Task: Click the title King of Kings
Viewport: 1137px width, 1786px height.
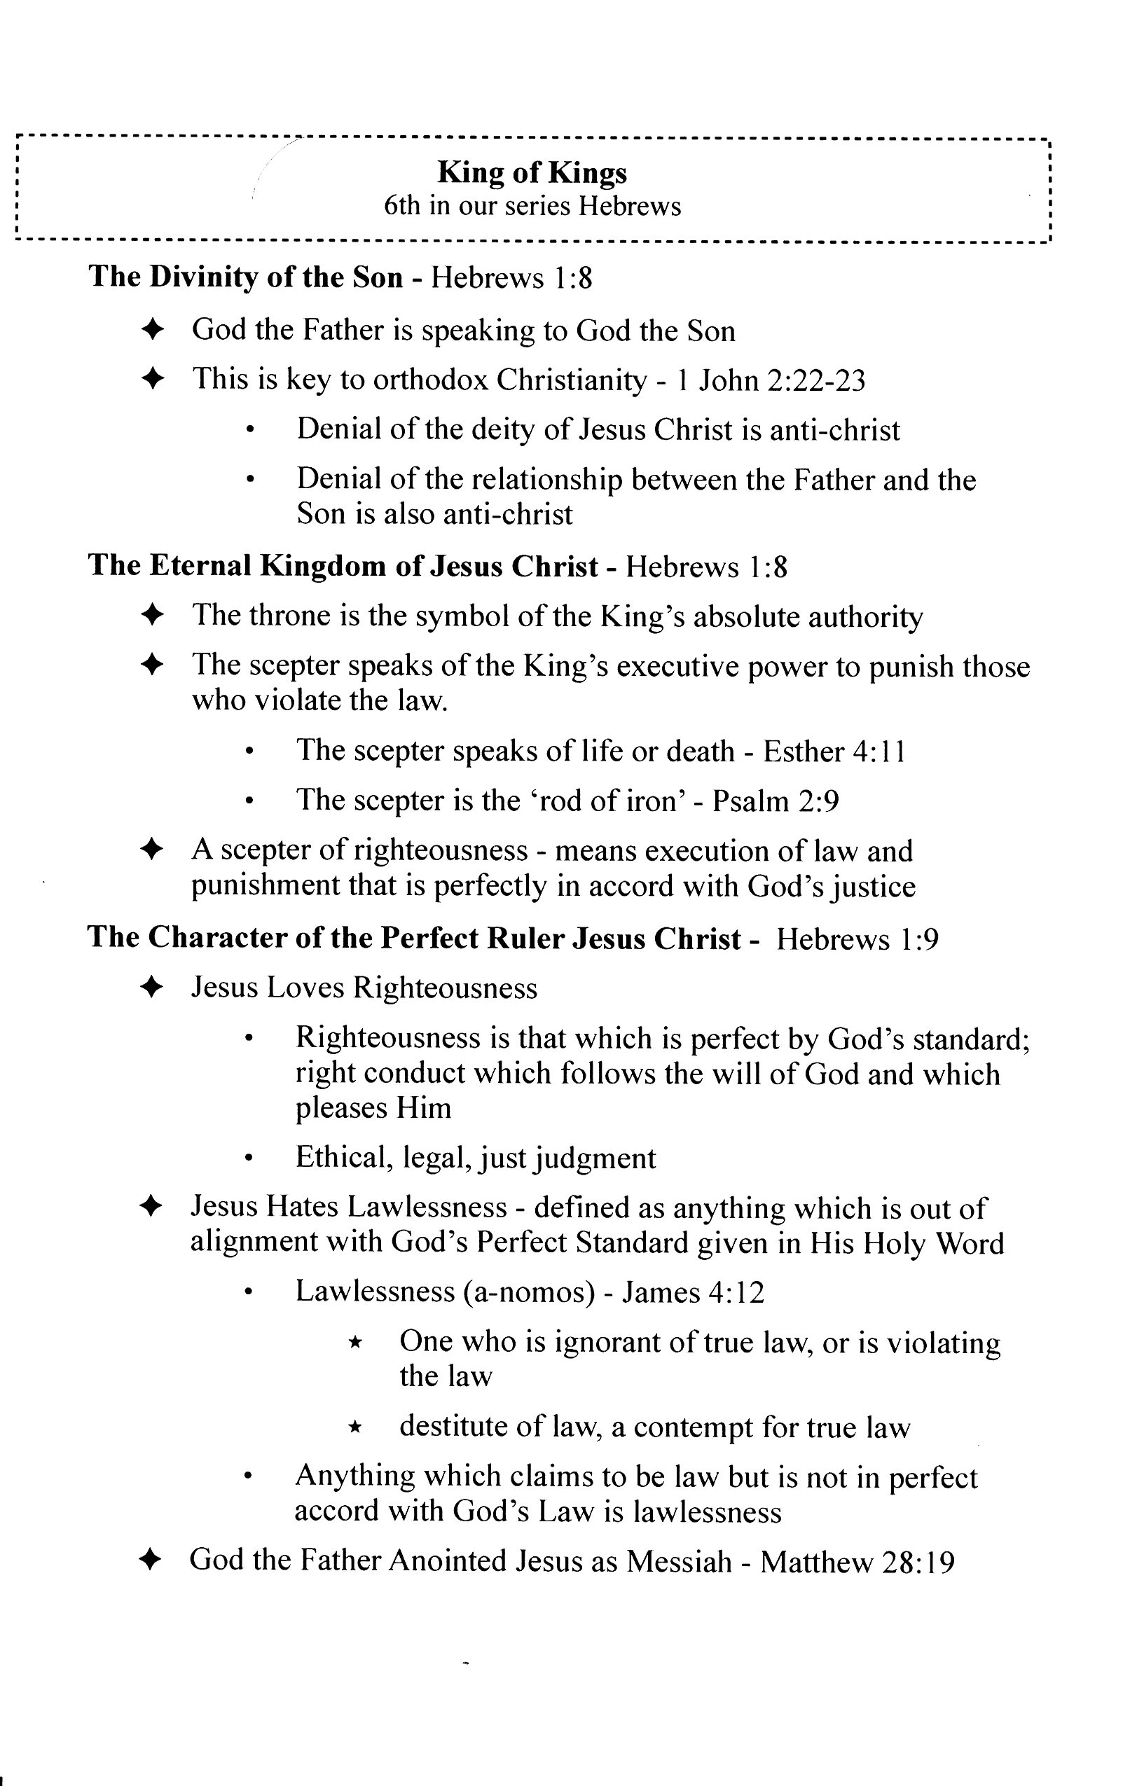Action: [532, 173]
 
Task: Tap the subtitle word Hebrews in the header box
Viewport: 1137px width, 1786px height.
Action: [630, 206]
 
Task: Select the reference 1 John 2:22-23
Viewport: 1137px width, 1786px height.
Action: [771, 380]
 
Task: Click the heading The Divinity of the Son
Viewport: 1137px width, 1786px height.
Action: [245, 277]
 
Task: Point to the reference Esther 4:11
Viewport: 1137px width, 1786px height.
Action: [834, 752]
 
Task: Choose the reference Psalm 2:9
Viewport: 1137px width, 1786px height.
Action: [776, 801]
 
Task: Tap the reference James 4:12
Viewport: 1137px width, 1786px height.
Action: [693, 1293]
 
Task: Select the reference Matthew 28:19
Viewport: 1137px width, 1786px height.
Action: [857, 1562]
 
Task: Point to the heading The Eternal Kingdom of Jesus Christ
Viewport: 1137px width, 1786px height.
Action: [343, 566]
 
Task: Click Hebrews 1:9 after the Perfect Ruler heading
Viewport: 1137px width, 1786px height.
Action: [857, 940]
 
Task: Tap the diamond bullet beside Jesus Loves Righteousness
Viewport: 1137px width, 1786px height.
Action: [151, 988]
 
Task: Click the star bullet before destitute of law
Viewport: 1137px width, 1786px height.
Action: [355, 1426]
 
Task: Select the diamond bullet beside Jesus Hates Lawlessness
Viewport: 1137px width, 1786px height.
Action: [151, 1207]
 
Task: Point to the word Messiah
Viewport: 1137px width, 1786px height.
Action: [679, 1562]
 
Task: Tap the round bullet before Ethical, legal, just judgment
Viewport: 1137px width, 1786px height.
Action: [250, 1158]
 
